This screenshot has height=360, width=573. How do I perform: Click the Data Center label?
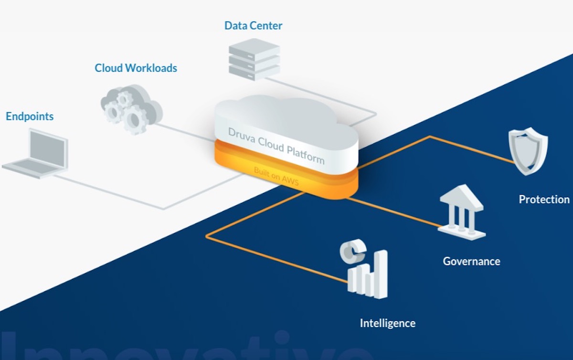click(253, 26)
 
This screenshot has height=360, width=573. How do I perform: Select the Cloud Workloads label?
click(136, 68)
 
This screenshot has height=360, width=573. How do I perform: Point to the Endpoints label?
click(30, 116)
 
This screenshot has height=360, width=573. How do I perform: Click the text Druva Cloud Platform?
click(276, 145)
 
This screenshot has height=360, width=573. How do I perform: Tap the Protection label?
click(544, 200)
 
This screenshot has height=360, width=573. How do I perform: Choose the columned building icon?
click(461, 212)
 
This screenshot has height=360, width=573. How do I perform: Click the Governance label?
click(471, 262)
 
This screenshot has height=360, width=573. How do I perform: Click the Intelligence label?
click(387, 323)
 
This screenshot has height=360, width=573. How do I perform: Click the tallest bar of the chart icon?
click(381, 274)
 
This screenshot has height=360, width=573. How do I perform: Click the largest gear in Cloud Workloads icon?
click(135, 119)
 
